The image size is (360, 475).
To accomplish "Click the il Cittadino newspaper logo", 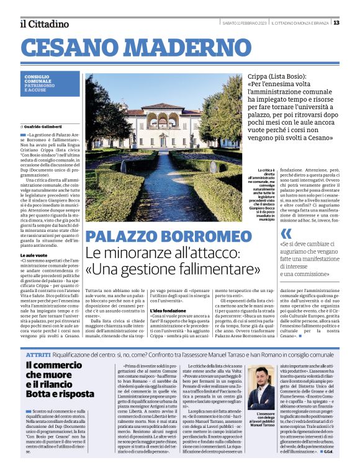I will (x=43, y=24).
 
